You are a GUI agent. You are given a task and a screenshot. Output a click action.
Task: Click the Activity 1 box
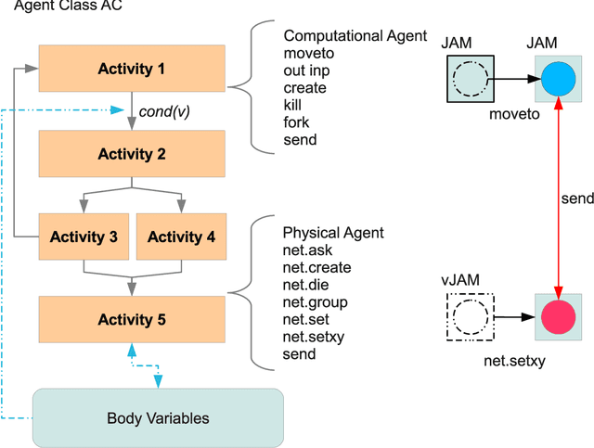[x=132, y=69]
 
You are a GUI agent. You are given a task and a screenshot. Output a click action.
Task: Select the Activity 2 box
[x=132, y=153]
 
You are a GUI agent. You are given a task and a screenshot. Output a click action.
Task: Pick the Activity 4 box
[x=181, y=237]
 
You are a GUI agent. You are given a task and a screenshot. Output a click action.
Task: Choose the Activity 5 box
[x=132, y=320]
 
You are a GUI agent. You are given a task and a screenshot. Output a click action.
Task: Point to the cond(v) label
[x=164, y=112]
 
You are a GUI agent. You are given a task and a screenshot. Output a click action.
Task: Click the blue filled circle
[x=558, y=80]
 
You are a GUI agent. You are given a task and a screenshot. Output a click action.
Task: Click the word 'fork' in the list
[x=296, y=122]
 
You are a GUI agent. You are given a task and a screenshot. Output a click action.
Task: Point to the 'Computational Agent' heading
[x=348, y=35]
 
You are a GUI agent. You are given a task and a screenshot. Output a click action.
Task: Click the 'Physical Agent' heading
[x=332, y=232]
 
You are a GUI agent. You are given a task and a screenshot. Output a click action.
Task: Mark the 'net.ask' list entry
[x=307, y=250]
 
